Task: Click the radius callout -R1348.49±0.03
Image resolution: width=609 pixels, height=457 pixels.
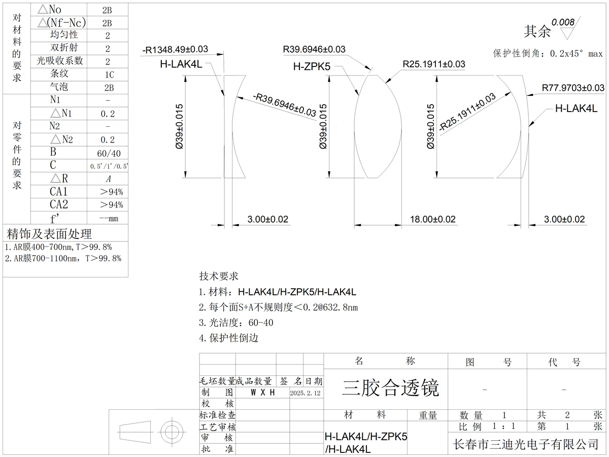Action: tap(176, 49)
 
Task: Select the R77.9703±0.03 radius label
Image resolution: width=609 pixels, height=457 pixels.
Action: tap(573, 88)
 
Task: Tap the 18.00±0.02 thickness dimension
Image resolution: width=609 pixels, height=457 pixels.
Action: tap(432, 219)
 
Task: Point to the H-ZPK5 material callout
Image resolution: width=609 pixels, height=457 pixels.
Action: tap(312, 66)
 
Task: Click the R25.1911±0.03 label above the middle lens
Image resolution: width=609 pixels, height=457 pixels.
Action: tap(434, 64)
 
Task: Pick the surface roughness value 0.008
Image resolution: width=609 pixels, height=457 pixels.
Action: tap(563, 22)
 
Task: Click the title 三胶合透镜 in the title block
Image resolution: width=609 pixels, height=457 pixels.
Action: tap(390, 388)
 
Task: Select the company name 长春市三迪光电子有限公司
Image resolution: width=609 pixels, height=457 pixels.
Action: tap(526, 444)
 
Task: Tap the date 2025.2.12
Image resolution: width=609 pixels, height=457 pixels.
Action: tap(306, 393)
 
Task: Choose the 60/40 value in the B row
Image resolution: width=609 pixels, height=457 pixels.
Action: tap(108, 153)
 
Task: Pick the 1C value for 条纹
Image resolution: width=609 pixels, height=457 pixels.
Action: tap(108, 75)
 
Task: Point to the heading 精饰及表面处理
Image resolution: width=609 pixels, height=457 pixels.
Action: tap(49, 234)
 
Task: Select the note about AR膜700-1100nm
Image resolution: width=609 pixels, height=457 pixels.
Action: tap(63, 258)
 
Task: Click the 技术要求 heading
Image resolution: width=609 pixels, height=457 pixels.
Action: tap(218, 276)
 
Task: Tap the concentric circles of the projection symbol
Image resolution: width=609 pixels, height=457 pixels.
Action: tap(172, 433)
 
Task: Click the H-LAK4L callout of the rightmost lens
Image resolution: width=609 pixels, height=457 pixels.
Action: tap(576, 108)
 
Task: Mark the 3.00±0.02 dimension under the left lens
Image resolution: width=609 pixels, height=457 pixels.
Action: tap(267, 219)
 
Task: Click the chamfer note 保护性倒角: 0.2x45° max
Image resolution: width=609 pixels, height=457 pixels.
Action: tap(548, 53)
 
